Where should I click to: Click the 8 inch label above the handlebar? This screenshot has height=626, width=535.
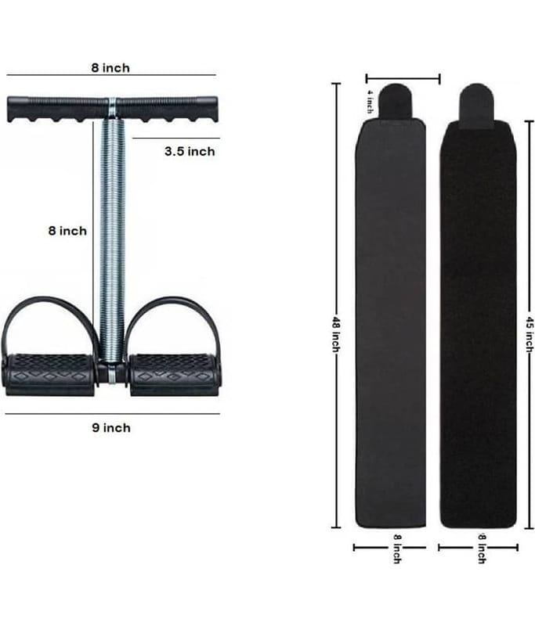coord(110,68)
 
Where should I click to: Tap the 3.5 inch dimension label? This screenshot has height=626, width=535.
coord(190,151)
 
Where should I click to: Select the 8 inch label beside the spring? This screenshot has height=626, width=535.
coord(67,231)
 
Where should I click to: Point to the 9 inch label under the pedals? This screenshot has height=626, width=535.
coord(111,427)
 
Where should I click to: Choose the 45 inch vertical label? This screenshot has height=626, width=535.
coord(530,335)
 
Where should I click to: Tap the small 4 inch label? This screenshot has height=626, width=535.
coord(371,102)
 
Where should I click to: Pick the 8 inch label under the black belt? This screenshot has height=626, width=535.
coord(482,549)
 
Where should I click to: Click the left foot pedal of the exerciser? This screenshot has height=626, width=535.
coord(50,375)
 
